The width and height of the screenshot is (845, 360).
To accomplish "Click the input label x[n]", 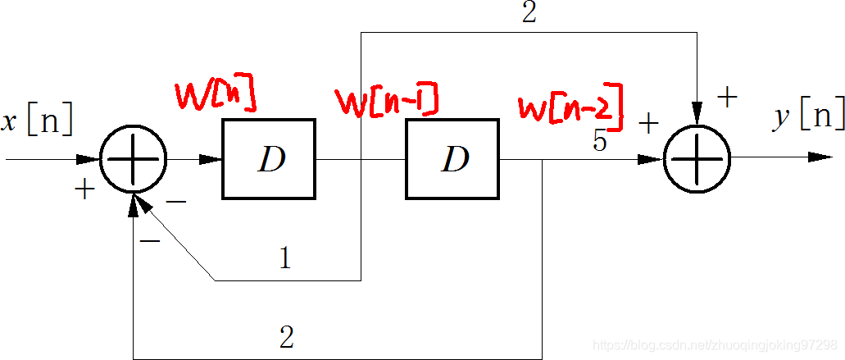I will click(x=37, y=121).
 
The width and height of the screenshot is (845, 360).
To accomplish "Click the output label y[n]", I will click(x=808, y=117).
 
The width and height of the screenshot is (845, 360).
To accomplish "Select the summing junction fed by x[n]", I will click(x=133, y=158).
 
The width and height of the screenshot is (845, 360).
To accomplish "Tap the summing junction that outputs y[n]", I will click(x=696, y=157).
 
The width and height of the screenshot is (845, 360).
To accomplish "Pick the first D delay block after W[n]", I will click(x=269, y=159).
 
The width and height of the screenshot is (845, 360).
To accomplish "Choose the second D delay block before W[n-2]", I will click(x=452, y=159).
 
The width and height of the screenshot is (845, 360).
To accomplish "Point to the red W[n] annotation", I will click(x=215, y=96).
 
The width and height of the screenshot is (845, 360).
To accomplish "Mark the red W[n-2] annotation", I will click(x=570, y=107).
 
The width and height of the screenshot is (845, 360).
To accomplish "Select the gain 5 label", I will click(x=600, y=141).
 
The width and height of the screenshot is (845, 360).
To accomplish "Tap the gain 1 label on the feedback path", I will click(x=284, y=259).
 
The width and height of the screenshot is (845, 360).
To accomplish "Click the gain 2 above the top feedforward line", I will click(x=529, y=14).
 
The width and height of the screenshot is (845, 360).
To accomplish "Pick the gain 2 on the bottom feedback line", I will click(x=286, y=337).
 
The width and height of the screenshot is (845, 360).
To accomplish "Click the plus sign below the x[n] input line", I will click(x=84, y=189).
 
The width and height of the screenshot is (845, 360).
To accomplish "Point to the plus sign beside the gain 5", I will click(x=647, y=124).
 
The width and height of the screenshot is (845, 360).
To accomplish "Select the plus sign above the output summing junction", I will click(x=726, y=97).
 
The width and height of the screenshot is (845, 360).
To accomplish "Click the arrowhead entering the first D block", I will click(x=211, y=159).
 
